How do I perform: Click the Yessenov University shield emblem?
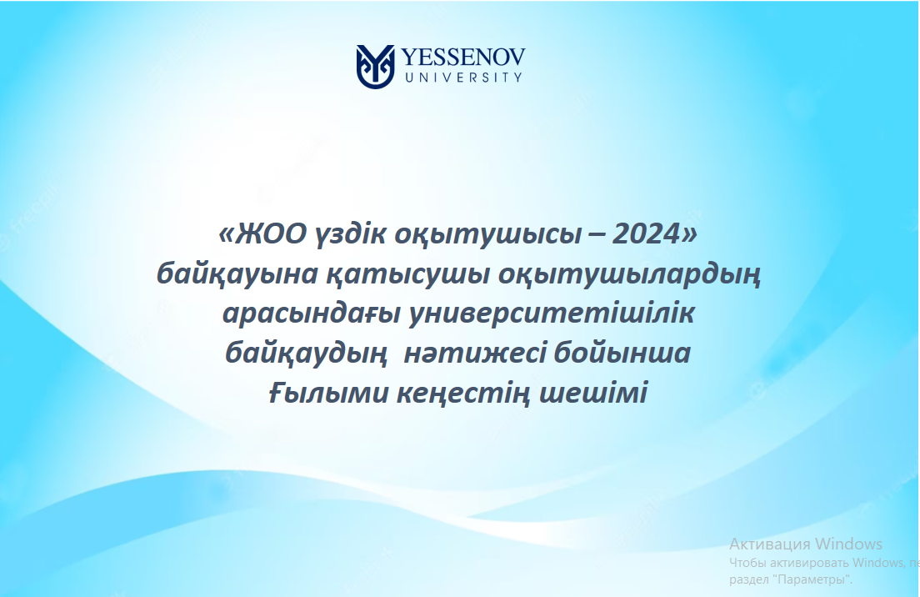coord(375,67)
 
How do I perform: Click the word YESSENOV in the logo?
coord(463,58)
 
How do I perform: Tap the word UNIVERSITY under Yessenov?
coord(463,77)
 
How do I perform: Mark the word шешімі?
coord(593,393)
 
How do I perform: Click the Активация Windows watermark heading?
coord(806,544)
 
